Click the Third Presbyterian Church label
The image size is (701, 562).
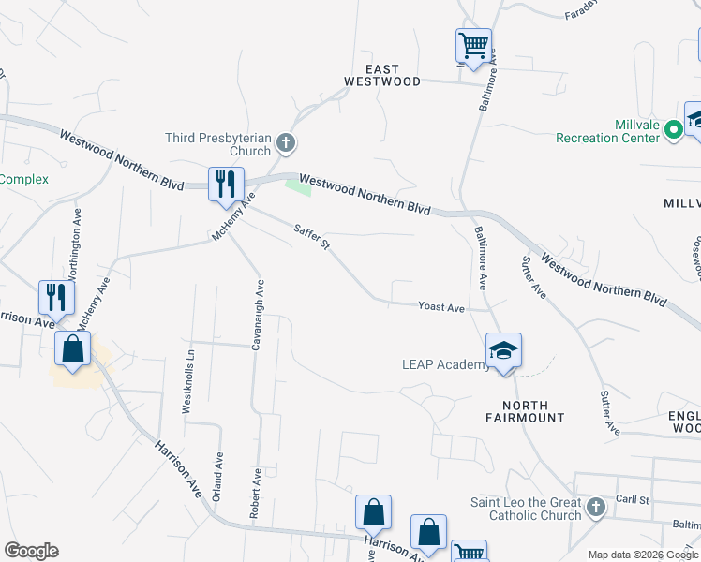(217, 144)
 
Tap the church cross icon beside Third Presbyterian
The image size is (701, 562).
(287, 143)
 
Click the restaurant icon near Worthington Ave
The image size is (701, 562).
(56, 297)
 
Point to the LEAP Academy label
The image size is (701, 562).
(444, 364)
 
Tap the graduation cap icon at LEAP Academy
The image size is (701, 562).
(503, 351)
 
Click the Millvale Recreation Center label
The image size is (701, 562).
(608, 131)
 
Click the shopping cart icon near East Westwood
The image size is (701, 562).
(473, 45)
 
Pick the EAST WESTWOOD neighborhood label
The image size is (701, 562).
(381, 76)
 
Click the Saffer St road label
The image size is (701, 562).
(311, 236)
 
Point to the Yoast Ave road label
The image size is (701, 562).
(441, 307)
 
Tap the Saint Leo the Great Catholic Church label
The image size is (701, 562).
(526, 509)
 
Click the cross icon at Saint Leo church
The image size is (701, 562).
(596, 509)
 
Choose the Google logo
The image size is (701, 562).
(31, 551)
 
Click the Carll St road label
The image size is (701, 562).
(633, 500)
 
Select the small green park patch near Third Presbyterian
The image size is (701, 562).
(299, 187)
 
